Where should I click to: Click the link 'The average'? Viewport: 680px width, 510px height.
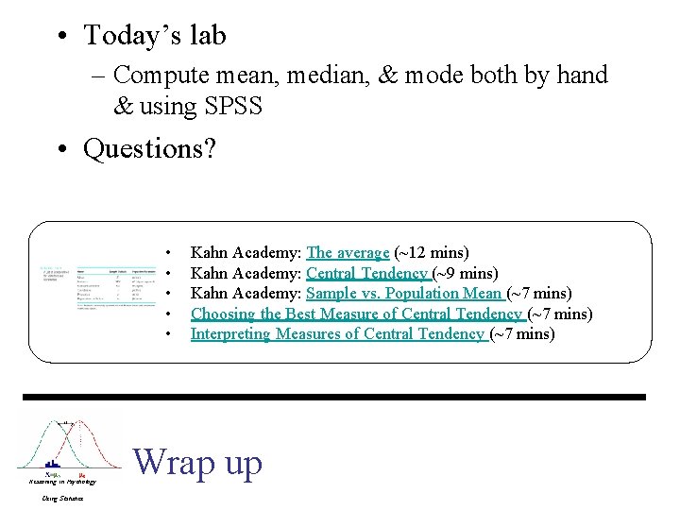coord(348,253)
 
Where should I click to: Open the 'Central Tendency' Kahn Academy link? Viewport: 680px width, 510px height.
coord(368,274)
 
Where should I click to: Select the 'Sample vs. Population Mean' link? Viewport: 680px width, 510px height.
coord(404,294)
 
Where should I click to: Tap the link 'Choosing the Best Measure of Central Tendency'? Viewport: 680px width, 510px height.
coord(357,314)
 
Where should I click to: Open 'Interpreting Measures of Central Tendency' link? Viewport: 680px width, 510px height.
coord(338,333)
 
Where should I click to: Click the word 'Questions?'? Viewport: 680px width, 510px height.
coord(149,149)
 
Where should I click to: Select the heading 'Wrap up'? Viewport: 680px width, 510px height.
coord(197,462)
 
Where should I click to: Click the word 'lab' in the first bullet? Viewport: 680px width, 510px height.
coord(207,36)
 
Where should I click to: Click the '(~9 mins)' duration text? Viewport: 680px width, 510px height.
coord(465,274)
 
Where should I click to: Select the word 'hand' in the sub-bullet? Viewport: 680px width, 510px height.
coord(576,75)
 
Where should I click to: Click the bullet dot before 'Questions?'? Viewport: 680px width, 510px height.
coord(60,149)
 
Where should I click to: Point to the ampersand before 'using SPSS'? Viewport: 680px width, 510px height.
coord(124,107)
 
